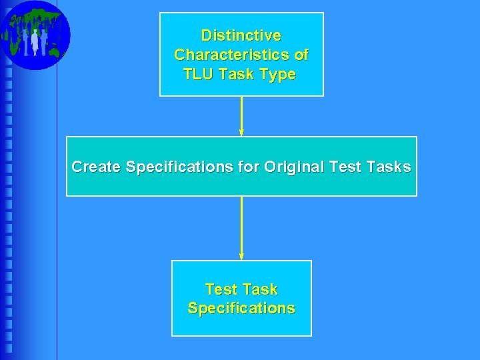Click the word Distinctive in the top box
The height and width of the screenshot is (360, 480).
tap(241, 35)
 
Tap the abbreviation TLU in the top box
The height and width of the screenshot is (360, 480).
tap(198, 74)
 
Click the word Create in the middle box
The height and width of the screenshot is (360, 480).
tap(96, 167)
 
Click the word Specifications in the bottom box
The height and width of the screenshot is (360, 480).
tap(241, 309)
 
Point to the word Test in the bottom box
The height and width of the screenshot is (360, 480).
tap(221, 290)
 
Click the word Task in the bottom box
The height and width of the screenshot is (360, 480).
tap(260, 290)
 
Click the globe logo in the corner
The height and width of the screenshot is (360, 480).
tap(35, 35)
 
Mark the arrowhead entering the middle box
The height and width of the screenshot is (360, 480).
tap(241, 132)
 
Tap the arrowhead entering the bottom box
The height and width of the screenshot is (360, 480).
tap(241, 256)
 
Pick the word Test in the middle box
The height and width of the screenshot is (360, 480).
tap(344, 167)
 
